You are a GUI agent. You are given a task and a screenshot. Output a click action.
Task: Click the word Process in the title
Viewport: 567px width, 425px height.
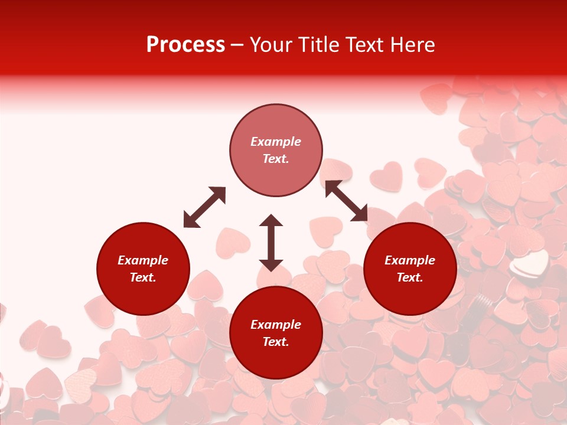(185, 45)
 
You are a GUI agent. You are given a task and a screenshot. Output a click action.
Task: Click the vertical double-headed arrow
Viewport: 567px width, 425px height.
(271, 243)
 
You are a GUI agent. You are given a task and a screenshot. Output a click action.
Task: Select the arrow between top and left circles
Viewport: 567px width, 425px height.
(204, 207)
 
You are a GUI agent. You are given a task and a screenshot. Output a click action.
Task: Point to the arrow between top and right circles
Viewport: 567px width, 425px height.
(346, 201)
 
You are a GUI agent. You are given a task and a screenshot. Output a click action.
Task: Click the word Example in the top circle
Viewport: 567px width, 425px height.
(276, 142)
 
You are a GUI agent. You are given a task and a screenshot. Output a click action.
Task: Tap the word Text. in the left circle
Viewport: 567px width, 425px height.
(143, 277)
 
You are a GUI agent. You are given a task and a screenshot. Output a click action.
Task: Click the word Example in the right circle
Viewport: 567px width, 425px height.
(410, 260)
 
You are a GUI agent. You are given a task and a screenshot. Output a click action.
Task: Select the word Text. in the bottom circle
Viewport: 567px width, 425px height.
(276, 342)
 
